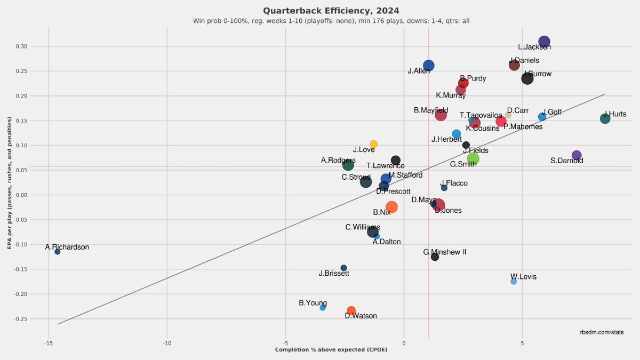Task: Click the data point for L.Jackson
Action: (544, 42)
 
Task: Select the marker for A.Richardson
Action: (58, 252)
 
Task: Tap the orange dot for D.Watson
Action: (351, 310)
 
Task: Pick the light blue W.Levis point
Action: (514, 281)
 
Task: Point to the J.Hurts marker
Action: (605, 118)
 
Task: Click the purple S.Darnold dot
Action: (577, 155)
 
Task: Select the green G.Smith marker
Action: (473, 158)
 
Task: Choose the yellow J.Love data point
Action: (374, 144)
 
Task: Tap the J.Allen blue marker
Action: (429, 66)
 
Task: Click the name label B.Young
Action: (313, 303)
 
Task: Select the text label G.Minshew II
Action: (445, 252)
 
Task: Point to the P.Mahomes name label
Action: (523, 127)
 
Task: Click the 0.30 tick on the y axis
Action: (21, 46)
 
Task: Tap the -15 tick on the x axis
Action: (48, 343)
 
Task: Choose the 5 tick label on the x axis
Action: (522, 343)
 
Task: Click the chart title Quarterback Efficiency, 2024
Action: (331, 11)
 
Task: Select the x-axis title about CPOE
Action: (331, 350)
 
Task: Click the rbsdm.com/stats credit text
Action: (602, 332)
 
